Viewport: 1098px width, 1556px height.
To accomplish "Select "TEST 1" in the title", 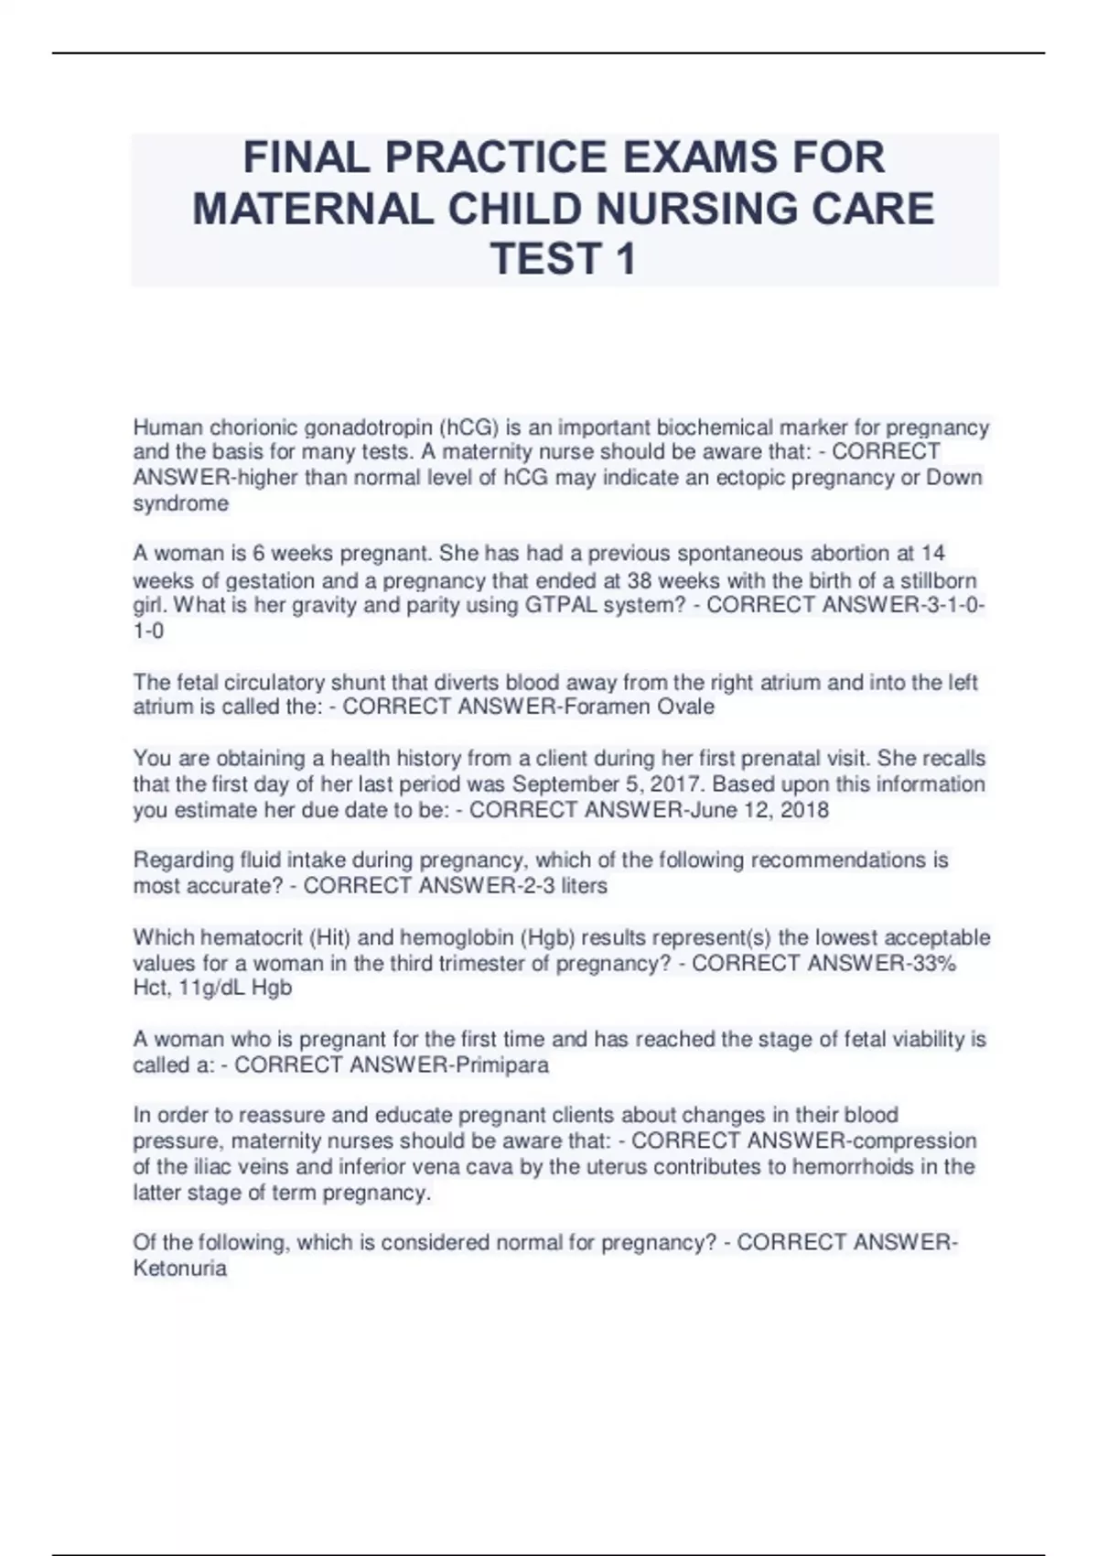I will point(564,259).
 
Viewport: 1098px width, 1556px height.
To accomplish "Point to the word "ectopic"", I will point(758,478).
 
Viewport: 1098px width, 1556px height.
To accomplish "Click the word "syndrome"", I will point(181,503).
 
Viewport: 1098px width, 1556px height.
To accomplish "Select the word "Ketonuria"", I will point(180,1269).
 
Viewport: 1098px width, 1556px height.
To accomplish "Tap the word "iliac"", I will point(199,1167).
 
